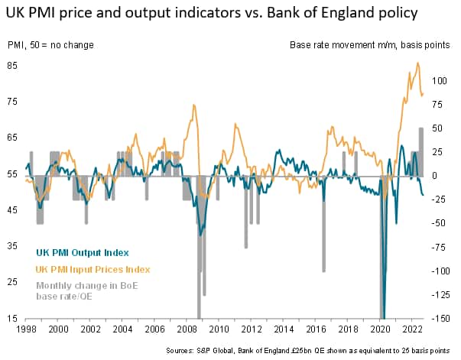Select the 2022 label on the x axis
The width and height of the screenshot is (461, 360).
point(411,329)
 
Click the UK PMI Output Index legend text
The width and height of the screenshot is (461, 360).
point(82,252)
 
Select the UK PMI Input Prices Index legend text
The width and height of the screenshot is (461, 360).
point(93,269)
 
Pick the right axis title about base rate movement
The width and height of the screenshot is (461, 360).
point(369,45)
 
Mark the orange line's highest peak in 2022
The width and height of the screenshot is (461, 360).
point(417,63)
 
